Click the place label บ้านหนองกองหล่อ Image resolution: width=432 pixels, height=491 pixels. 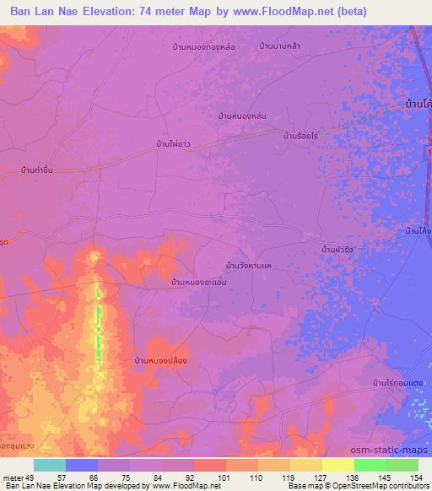pos(202,46)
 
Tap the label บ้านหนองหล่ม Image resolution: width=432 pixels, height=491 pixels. pos(242,115)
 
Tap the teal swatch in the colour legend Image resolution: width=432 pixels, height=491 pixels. pos(50,465)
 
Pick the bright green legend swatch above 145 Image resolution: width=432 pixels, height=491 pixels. pos(370,465)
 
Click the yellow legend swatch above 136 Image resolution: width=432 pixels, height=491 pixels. pos(337,465)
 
